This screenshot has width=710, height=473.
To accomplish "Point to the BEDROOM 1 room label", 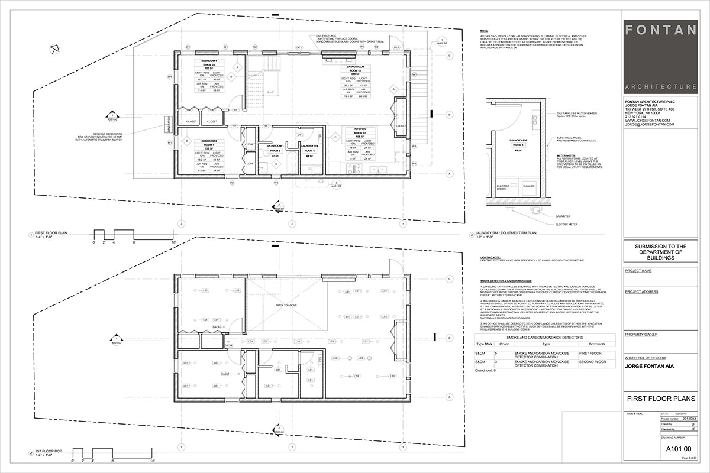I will pos(208,61).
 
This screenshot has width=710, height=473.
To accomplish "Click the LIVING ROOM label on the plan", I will pos(355,67).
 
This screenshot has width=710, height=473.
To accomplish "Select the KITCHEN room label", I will pos(360,129).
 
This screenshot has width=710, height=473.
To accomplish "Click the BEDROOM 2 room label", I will pos(208,141).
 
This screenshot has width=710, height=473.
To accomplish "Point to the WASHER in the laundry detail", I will pos(529,186).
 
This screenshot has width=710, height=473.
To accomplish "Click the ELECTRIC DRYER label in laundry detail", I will pos(503,187).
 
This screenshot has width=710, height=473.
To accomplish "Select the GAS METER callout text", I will pos(563,216).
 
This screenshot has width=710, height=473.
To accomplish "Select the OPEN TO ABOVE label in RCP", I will pos(286,305).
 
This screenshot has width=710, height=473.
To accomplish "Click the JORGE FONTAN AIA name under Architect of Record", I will pos(651,366).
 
